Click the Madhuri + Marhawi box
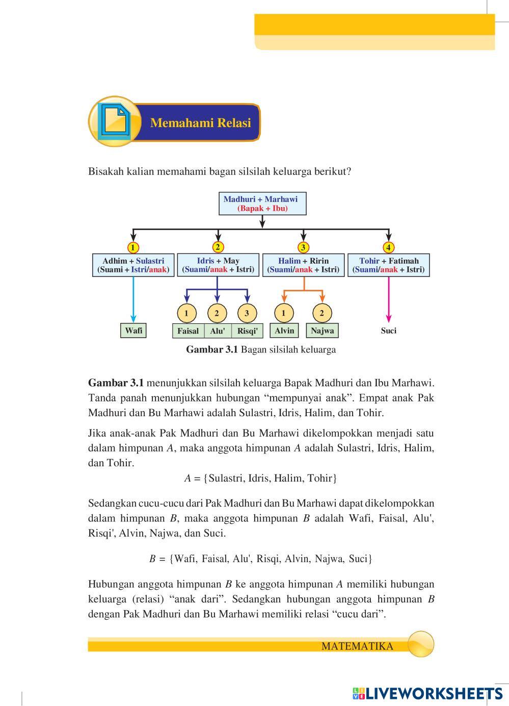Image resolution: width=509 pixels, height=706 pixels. click(x=262, y=204)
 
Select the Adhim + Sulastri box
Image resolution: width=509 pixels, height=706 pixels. click(x=133, y=265)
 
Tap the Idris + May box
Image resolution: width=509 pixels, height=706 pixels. click(x=218, y=265)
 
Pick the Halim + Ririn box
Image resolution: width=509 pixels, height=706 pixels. click(x=303, y=265)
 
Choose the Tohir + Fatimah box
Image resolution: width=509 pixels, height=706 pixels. click(x=388, y=265)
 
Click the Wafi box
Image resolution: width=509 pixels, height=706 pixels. click(x=133, y=331)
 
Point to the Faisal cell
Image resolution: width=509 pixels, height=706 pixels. click(x=188, y=331)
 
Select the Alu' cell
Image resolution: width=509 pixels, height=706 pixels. click(x=218, y=331)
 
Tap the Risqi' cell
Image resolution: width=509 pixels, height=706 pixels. click(x=247, y=331)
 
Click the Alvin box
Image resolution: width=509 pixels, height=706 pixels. click(x=284, y=331)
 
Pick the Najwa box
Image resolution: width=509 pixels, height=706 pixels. click(x=322, y=331)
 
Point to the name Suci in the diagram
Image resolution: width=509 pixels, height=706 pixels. click(x=388, y=331)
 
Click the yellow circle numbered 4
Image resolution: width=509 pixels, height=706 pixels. click(x=388, y=247)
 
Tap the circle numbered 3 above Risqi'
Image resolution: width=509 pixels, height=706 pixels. click(x=247, y=313)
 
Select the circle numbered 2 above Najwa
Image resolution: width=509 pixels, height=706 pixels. click(x=322, y=313)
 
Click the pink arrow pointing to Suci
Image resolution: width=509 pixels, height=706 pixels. click(x=388, y=301)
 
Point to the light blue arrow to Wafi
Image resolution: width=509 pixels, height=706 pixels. click(x=133, y=301)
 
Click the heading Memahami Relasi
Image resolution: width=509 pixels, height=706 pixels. click(x=201, y=123)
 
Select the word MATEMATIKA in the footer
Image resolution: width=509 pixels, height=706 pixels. click(x=357, y=646)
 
